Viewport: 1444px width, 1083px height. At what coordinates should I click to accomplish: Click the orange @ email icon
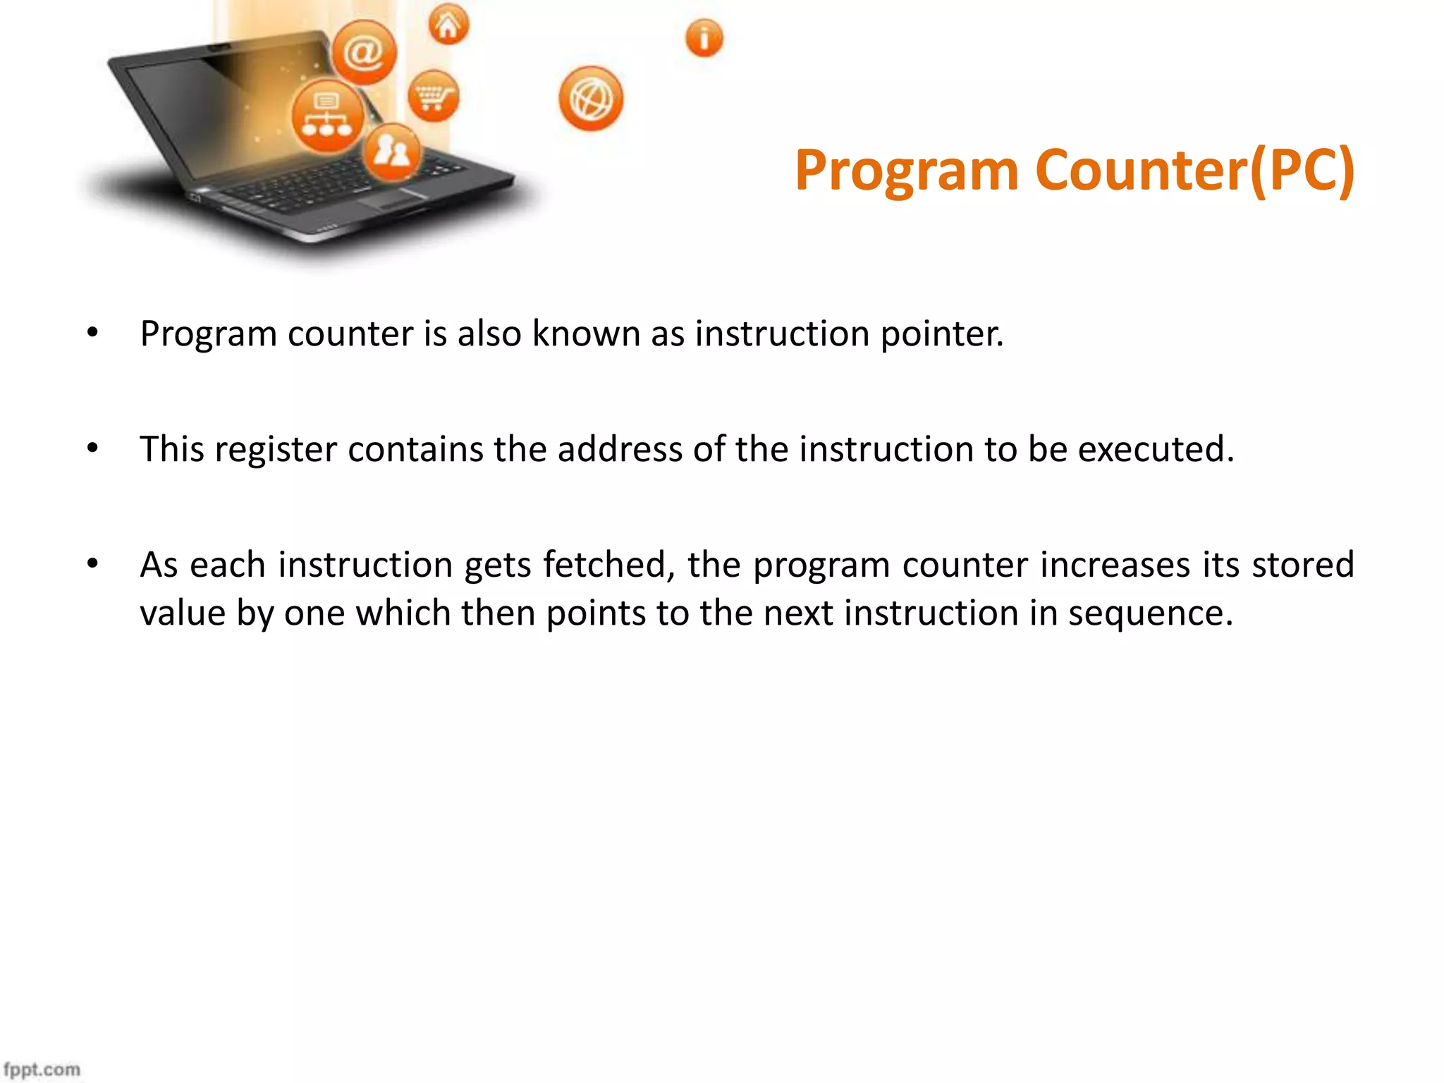pos(364,53)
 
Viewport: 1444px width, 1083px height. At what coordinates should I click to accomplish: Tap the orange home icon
pos(448,25)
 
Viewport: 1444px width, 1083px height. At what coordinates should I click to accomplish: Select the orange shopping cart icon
pos(433,96)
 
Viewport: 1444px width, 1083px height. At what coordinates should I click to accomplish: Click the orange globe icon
pos(591,99)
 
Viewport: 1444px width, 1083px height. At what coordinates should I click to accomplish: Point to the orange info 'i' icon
pos(704,37)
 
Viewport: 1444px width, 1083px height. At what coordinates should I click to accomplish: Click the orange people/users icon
pos(392,151)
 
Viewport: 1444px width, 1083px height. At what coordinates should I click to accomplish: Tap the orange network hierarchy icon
pos(327,116)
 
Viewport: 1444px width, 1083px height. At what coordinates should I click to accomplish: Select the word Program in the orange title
pos(907,171)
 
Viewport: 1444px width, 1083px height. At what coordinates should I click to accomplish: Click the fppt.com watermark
pos(42,1070)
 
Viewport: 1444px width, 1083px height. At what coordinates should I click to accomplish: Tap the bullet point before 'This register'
pos(92,448)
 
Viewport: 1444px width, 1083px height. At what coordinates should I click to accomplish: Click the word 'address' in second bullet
pos(619,449)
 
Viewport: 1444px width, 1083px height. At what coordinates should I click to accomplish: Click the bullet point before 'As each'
pos(92,563)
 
